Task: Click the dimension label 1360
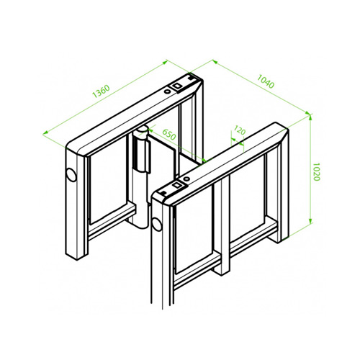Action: pos(102,91)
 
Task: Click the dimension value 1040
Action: pos(266,81)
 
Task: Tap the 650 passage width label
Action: pos(169,135)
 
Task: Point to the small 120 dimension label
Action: pos(240,130)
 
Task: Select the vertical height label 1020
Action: pos(317,171)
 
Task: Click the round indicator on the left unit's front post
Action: pos(71,174)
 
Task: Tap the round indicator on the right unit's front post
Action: pos(157,224)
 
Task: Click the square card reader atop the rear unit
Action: pos(177,86)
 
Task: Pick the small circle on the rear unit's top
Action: pos(167,91)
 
